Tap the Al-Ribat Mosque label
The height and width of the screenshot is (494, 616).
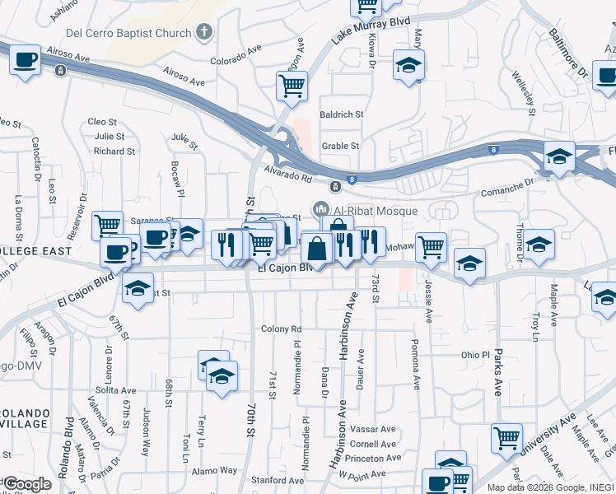coord(374,211)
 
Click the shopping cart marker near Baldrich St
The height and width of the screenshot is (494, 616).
coord(292,86)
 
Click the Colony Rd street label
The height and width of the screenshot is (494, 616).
coord(282,329)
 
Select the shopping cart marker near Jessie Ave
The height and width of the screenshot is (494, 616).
coord(432,245)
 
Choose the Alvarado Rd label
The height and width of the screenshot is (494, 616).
coord(288,175)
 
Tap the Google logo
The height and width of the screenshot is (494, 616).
coord(27,484)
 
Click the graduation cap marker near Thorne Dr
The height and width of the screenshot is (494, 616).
coord(539,245)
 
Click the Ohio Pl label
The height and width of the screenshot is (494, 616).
coord(475,355)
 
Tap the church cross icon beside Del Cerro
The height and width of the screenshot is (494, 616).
coord(204,33)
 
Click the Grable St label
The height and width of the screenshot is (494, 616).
coord(340,146)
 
